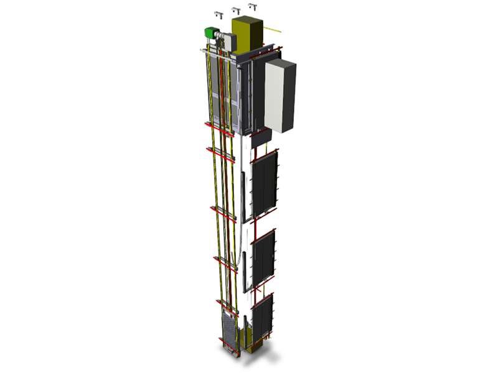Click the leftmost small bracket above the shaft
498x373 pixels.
[x=218, y=13]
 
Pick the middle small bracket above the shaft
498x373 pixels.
[x=236, y=10]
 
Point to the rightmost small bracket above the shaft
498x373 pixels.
[x=253, y=6]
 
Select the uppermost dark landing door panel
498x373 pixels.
[x=264, y=183]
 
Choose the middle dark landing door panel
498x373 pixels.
[x=264, y=256]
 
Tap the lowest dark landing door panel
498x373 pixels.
[x=263, y=318]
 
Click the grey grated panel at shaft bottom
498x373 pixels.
[x=229, y=333]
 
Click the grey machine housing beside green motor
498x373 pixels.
[x=228, y=42]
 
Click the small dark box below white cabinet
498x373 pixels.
[x=261, y=137]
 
